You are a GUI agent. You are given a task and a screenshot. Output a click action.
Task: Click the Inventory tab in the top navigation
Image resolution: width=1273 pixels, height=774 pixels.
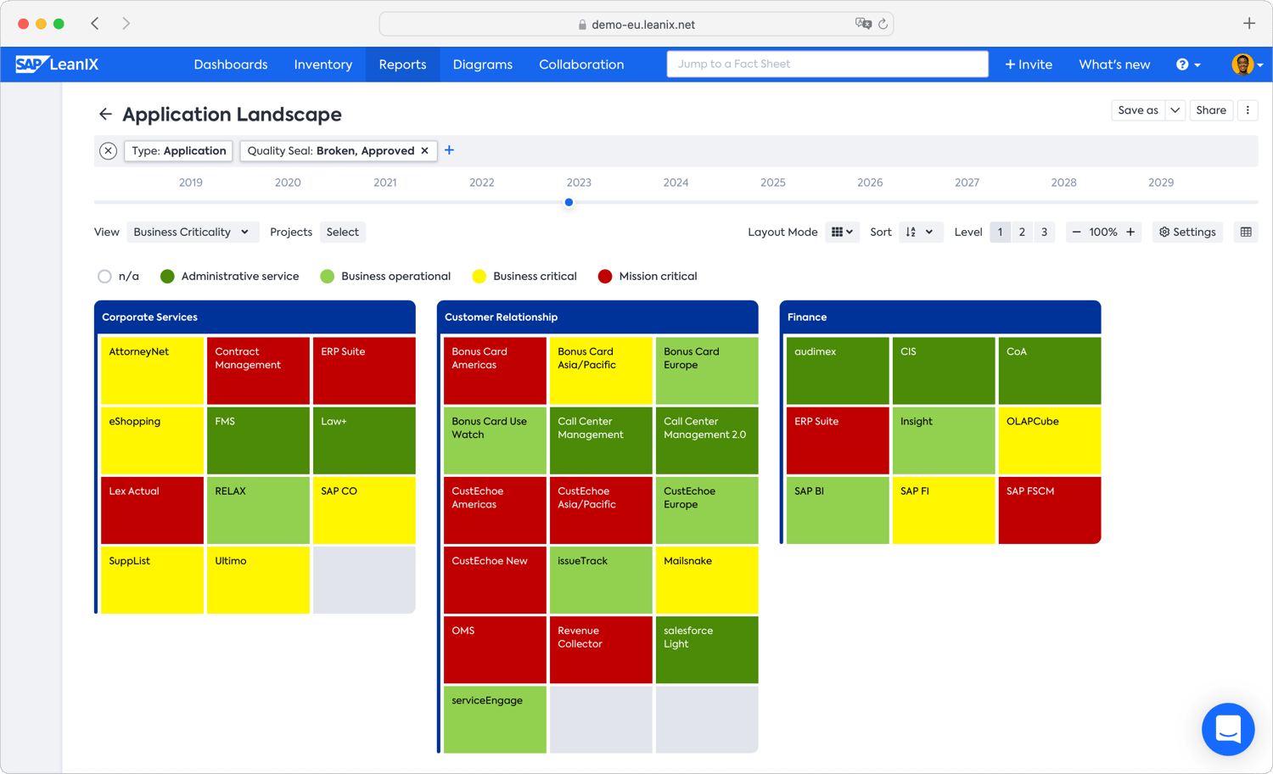322,64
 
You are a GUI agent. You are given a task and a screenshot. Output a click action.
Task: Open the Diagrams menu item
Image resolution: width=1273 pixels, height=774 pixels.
482,64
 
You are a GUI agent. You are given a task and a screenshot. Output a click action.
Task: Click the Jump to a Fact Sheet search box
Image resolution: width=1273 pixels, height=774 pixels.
827,64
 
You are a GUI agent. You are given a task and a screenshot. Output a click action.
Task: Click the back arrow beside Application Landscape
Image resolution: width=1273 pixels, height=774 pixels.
105,114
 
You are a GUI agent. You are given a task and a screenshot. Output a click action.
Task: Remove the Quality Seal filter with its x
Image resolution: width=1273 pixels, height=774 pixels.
425,151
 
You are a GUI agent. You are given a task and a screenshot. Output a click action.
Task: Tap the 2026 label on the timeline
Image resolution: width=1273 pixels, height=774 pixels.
869,182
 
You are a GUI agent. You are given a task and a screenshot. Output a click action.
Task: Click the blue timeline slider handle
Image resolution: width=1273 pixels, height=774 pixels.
569,202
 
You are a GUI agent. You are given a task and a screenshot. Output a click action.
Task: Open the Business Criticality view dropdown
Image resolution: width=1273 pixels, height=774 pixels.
191,232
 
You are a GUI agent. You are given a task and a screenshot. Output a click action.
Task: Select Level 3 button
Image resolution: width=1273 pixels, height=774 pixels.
1044,232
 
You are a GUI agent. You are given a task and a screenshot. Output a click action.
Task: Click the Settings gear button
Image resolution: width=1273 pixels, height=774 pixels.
1186,232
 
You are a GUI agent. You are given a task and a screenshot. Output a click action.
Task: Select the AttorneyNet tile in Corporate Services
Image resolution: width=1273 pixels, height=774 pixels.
152,370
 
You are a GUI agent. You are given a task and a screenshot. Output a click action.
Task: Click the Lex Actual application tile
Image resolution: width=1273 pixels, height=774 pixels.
152,509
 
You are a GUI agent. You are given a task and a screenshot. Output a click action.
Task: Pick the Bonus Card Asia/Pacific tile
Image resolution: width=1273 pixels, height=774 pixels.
600,370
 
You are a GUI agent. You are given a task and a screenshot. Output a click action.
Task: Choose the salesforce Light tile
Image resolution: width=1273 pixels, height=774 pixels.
706,649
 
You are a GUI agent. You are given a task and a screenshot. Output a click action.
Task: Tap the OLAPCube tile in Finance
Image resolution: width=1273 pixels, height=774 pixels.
1049,440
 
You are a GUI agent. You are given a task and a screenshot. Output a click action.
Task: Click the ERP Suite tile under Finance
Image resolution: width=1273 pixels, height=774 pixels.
837,440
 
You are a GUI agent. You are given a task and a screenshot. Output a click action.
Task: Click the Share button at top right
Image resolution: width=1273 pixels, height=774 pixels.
1210,110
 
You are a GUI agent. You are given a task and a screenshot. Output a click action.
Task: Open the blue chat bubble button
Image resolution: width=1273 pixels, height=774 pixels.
1227,729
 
